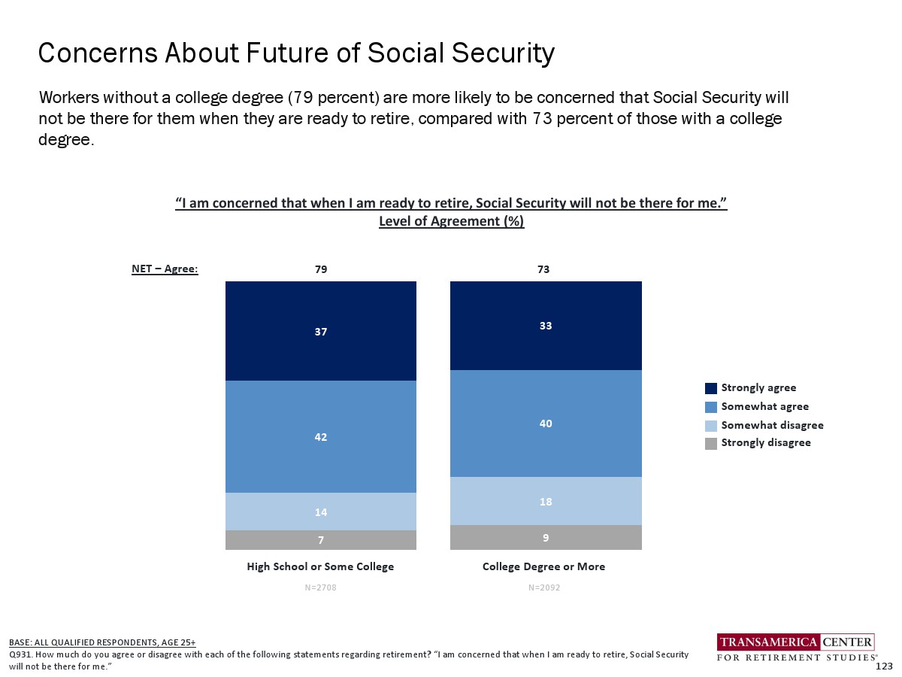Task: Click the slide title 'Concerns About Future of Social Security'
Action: (296, 53)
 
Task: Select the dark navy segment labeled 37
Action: (321, 331)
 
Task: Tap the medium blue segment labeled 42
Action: (321, 436)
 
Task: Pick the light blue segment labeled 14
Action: (321, 512)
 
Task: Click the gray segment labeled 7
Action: (321, 540)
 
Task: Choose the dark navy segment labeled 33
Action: (546, 326)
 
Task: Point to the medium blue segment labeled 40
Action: (546, 424)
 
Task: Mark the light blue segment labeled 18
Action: (546, 501)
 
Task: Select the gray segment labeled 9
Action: (546, 538)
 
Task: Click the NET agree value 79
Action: (321, 269)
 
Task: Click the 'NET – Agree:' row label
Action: (165, 269)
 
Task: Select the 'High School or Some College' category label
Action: (320, 566)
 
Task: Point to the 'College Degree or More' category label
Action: (543, 566)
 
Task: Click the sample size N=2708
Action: (320, 587)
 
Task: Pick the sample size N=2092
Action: (543, 587)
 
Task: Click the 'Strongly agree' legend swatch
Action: (711, 388)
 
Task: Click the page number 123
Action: (884, 666)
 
